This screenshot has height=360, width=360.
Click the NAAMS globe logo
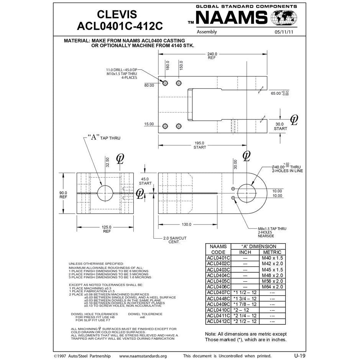[284, 18]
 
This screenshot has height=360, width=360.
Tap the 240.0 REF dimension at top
[212, 56]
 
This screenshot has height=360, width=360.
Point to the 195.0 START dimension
[200, 145]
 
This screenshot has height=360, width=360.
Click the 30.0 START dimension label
[280, 126]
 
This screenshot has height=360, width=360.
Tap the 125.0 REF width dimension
[106, 229]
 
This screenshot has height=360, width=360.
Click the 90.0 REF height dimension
[63, 195]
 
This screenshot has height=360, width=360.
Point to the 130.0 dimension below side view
[187, 224]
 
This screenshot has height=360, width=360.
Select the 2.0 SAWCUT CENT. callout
[175, 240]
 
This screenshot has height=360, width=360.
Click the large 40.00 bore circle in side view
[247, 193]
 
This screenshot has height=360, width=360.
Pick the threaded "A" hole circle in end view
[105, 193]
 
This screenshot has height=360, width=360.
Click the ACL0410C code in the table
[218, 310]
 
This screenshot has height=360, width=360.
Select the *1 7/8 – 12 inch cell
[245, 304]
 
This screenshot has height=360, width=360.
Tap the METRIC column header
[272, 252]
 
